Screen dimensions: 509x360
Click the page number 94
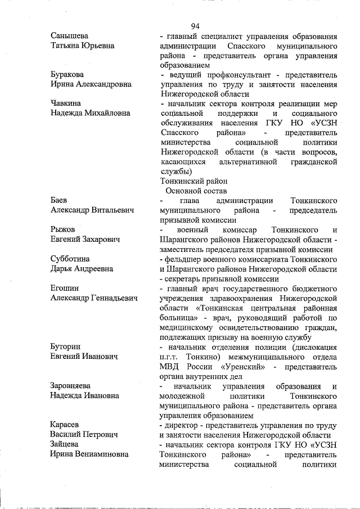tap(195, 25)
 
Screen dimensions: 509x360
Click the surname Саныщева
tap(70, 35)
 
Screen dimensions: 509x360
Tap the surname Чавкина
tap(66, 103)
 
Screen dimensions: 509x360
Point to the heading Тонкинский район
tap(194, 181)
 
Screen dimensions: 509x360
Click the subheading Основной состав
tap(195, 191)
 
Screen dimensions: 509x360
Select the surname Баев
tap(60, 200)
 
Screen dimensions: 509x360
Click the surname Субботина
tap(70, 259)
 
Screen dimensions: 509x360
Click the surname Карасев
tap(66, 425)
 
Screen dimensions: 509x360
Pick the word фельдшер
tap(184, 259)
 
